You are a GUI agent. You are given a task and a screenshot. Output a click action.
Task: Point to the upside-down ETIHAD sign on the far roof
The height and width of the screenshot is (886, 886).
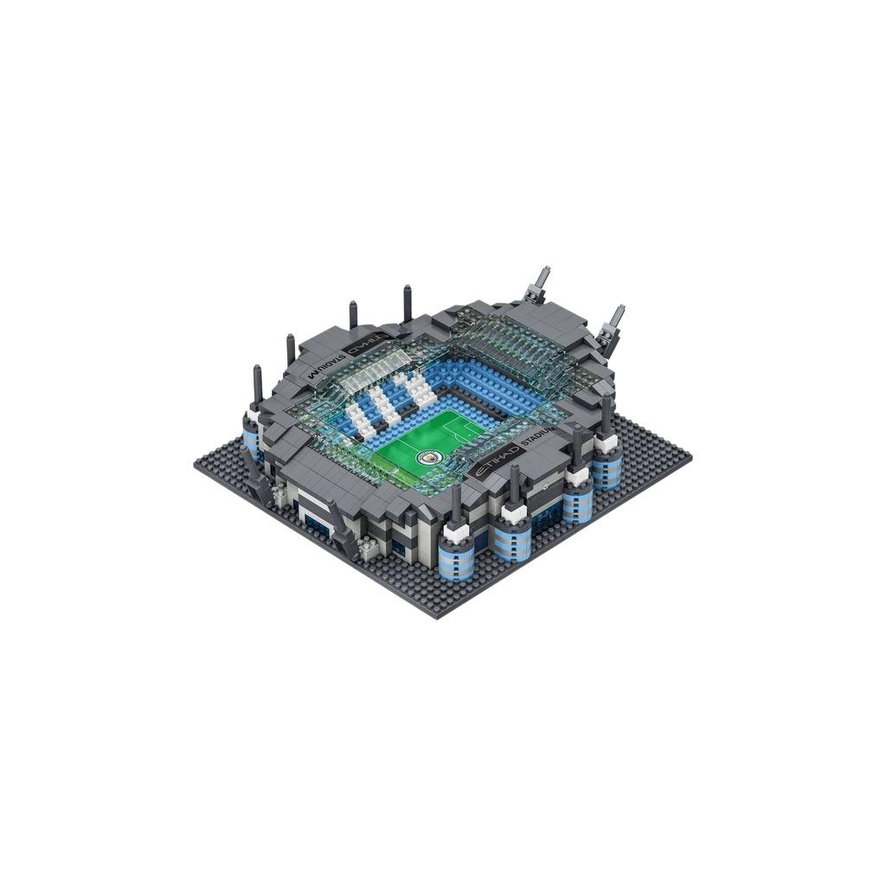[x=361, y=344]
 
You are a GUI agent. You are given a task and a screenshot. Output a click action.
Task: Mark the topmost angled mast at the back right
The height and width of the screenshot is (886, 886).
[x=541, y=283]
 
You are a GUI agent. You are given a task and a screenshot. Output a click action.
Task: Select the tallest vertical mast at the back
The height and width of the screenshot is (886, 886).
[x=407, y=303]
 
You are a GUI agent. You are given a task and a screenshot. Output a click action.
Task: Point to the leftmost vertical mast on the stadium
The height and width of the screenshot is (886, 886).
[x=257, y=385]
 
